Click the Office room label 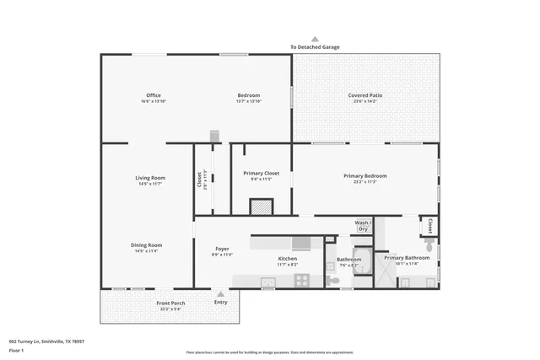[x=153, y=95]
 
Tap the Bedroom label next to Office [x=248, y=95]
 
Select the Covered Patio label [x=365, y=95]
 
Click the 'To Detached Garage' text [x=315, y=47]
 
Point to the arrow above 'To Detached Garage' [x=315, y=39]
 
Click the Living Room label [x=150, y=178]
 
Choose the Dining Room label [x=148, y=245]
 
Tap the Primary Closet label [x=261, y=173]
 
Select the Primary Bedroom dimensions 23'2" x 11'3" [x=364, y=181]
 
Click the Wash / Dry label [x=364, y=226]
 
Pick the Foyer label [x=222, y=249]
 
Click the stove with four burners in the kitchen [x=301, y=280]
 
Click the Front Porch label [x=170, y=303]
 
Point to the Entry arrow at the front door [x=221, y=294]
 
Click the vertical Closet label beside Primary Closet [x=200, y=180]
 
